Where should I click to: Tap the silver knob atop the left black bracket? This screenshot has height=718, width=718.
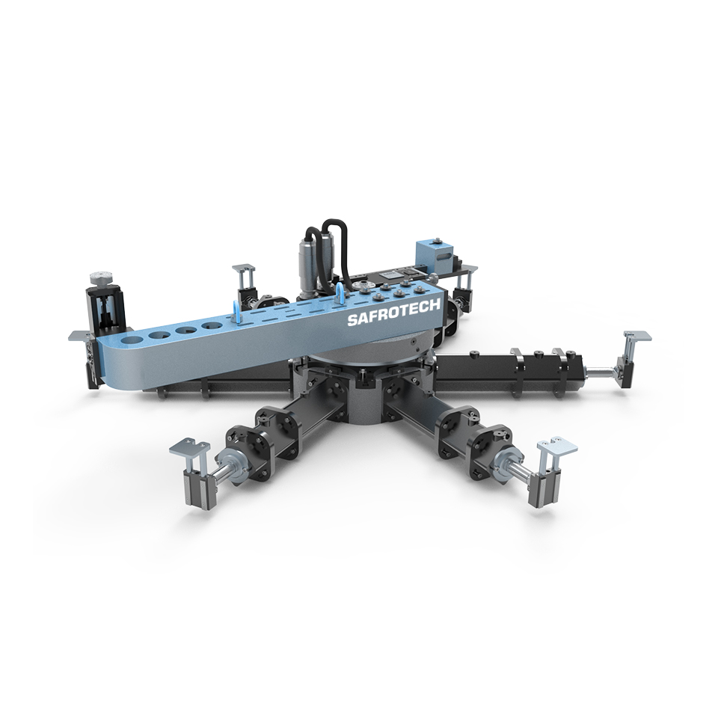pyautogui.click(x=101, y=277)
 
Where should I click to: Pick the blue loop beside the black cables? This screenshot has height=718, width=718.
pyautogui.click(x=340, y=292)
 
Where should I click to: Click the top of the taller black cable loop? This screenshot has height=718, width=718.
pyautogui.click(x=335, y=222)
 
